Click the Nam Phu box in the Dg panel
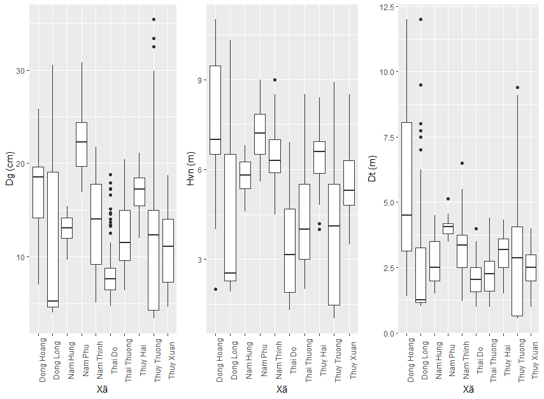(x=82, y=144)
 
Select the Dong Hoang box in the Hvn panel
(x=215, y=109)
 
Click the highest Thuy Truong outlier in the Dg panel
(x=154, y=20)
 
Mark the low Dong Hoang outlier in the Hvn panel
(x=215, y=289)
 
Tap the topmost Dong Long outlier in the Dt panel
(x=420, y=19)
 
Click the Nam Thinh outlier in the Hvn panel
(x=275, y=80)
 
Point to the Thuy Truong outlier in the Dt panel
(x=517, y=88)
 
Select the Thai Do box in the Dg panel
(x=110, y=279)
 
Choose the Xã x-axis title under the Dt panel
(x=468, y=389)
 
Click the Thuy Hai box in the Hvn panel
(x=319, y=157)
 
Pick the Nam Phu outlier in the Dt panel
(x=448, y=199)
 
